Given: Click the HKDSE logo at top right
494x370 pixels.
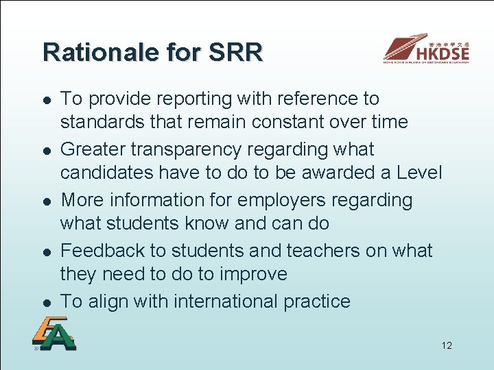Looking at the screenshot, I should (x=426, y=49).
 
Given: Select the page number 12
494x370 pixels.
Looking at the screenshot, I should (x=447, y=345).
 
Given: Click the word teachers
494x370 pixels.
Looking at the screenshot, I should (x=318, y=251).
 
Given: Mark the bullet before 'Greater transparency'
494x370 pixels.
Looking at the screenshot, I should (x=43, y=151).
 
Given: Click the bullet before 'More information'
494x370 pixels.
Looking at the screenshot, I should (x=43, y=201).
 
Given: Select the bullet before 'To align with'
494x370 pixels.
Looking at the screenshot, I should (x=43, y=303).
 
